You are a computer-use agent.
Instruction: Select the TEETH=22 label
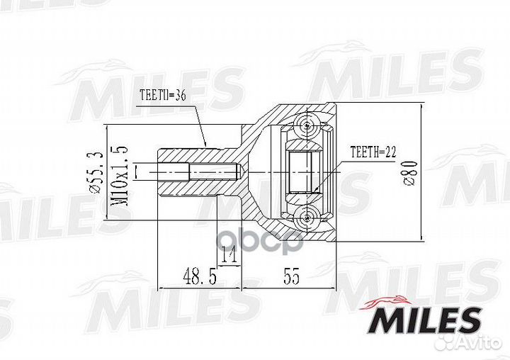[373, 151]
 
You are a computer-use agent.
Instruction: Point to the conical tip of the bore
[239, 171]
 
